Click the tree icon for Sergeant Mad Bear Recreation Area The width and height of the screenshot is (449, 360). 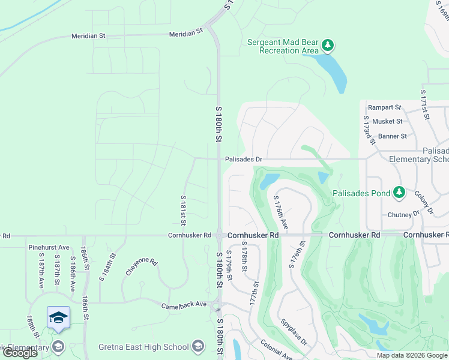(328, 45)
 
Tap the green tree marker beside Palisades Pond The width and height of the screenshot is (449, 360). (399, 193)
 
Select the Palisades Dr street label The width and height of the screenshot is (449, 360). (244, 160)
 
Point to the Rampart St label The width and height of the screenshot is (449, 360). (384, 107)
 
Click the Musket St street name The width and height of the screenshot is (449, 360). (387, 122)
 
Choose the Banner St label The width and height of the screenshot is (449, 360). (392, 136)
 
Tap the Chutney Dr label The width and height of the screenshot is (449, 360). (403, 214)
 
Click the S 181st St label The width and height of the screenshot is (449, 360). (183, 206)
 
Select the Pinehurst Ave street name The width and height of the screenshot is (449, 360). (49, 247)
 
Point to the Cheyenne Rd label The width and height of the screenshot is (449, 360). (142, 266)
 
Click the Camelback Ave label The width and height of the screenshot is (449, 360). (184, 305)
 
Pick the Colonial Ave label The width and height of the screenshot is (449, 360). (276, 350)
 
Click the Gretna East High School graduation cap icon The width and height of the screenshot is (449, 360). (198, 346)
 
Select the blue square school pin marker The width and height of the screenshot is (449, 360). (58, 317)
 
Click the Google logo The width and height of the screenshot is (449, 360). (20, 353)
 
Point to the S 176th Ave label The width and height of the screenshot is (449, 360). (281, 212)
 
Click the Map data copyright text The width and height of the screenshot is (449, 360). (412, 355)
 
